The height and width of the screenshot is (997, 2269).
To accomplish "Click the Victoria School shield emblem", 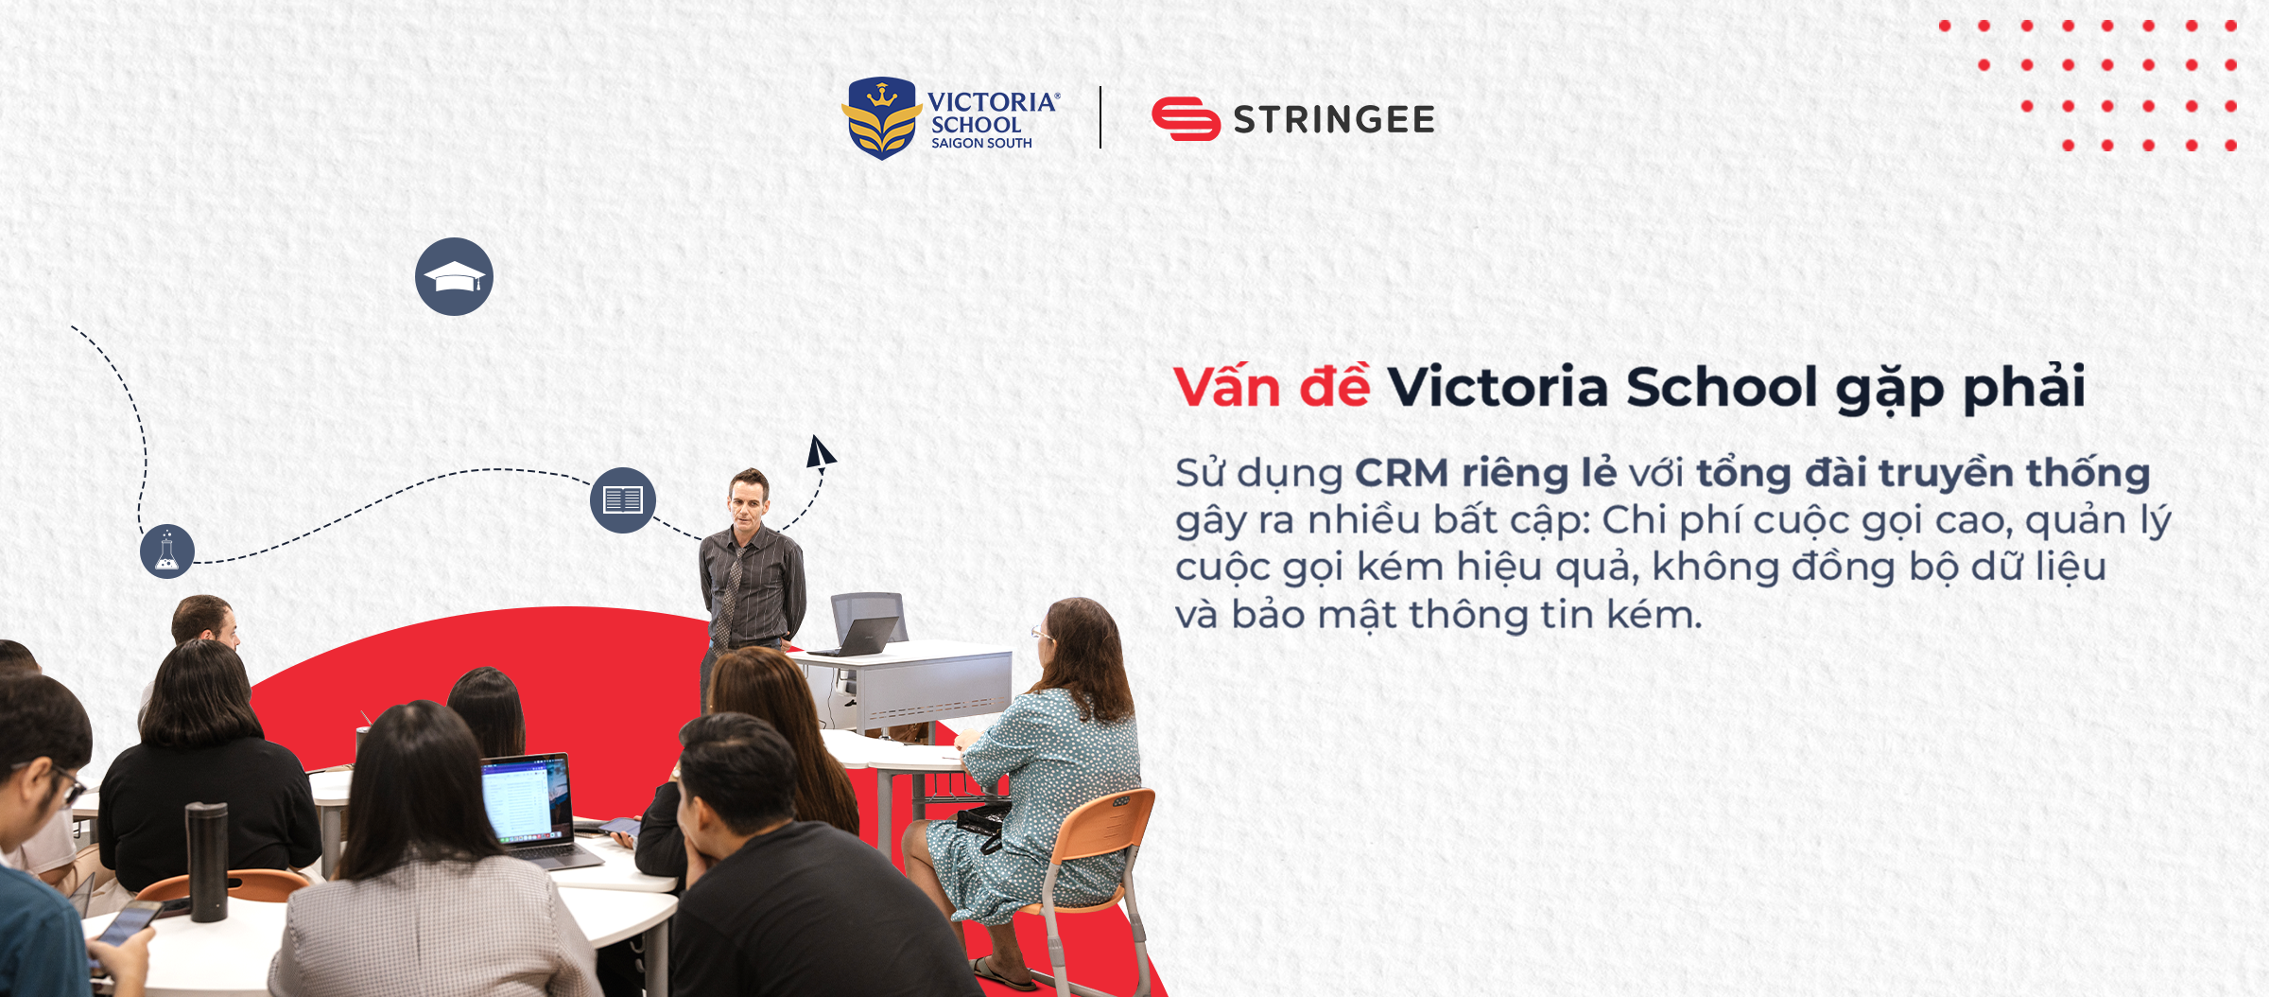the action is [881, 118].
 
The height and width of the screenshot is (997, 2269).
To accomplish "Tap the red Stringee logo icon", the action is [1186, 119].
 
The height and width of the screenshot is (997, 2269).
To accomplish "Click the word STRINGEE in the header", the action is [1334, 120].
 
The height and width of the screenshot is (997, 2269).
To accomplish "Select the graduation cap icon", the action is [454, 276].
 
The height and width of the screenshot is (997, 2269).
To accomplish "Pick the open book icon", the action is [623, 499].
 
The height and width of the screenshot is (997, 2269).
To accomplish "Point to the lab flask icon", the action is [167, 551].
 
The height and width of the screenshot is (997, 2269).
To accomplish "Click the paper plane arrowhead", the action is [819, 451].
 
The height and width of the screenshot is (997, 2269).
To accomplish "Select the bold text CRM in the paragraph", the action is [1402, 473].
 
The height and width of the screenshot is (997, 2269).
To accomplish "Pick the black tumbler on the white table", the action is [207, 862].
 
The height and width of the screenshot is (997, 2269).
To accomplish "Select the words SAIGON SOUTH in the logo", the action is [981, 144].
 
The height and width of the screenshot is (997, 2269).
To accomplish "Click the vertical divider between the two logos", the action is [1100, 117].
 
